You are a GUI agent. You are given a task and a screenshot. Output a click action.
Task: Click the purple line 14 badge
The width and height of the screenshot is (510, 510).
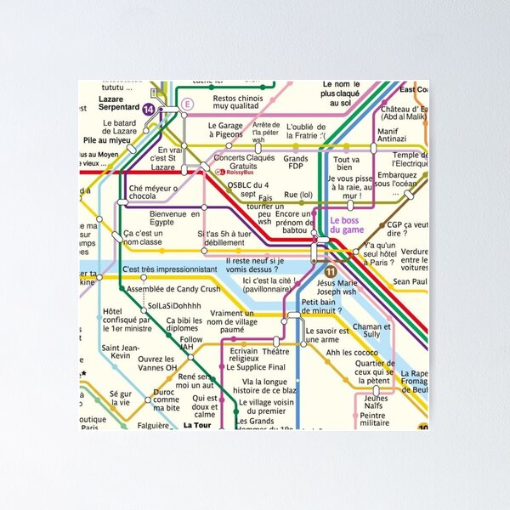click(x=150, y=110)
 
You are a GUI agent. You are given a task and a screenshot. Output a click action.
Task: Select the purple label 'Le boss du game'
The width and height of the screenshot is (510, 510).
click(x=347, y=225)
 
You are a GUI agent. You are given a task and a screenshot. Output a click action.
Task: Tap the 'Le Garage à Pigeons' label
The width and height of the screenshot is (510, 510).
click(x=225, y=130)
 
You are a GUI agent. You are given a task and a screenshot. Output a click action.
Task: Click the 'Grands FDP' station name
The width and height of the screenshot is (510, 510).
click(x=296, y=163)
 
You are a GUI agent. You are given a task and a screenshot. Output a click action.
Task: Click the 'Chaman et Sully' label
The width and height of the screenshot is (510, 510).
click(x=371, y=331)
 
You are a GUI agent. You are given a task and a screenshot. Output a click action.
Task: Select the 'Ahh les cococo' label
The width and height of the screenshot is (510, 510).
click(x=352, y=352)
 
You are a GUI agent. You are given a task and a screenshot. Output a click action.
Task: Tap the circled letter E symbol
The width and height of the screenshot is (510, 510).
click(x=188, y=104)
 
